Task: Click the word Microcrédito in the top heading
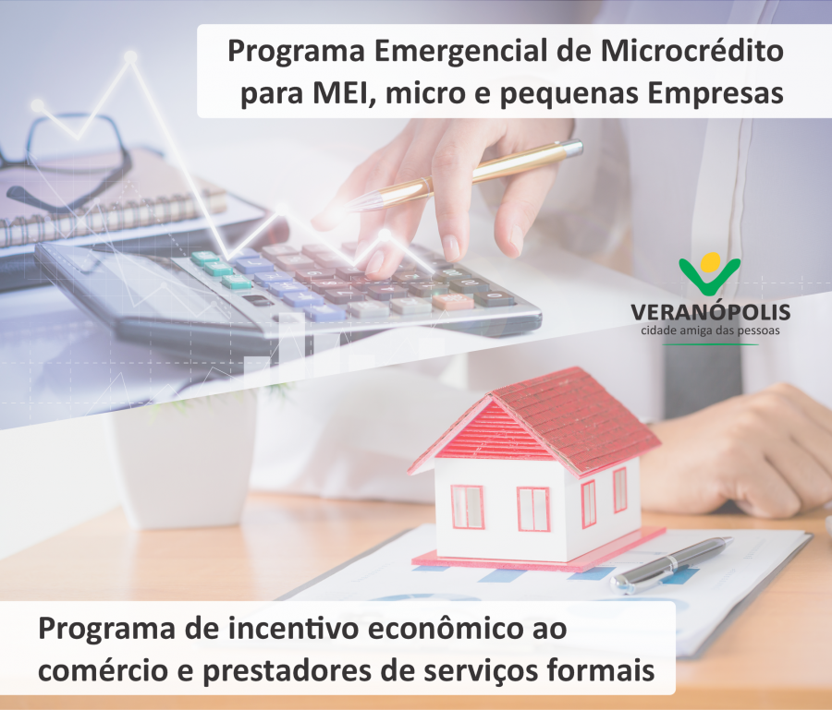coord(691,51)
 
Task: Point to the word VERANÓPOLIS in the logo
coord(711,311)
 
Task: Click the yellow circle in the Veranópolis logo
coord(711,261)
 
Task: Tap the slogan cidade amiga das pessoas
coord(711,331)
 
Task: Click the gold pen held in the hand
coord(467,175)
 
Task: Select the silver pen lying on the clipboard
coord(670,565)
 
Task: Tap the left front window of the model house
coord(467,507)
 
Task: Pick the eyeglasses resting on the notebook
coord(69,159)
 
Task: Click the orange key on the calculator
coord(453,302)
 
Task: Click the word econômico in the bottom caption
coord(448,629)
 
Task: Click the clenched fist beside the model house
coord(738,451)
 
